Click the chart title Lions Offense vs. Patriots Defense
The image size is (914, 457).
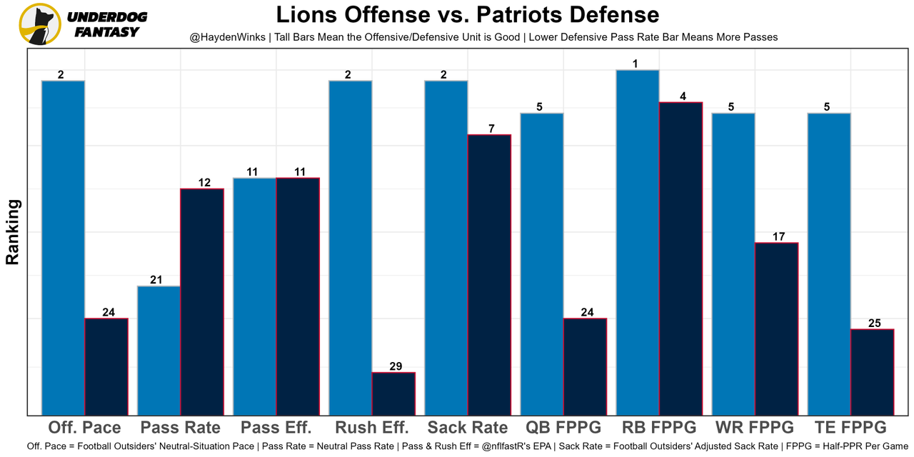[468, 15]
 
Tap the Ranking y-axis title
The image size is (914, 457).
[13, 232]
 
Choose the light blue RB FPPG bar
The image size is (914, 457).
[638, 242]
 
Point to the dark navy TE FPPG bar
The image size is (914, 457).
[873, 372]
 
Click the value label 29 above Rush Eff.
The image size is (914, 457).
[396, 366]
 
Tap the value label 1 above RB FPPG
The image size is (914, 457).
[636, 64]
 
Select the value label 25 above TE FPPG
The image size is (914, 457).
[875, 323]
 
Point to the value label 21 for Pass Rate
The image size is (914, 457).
[156, 280]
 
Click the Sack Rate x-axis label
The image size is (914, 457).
[468, 428]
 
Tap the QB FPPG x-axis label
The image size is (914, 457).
[563, 428]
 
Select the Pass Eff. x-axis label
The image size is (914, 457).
[276, 428]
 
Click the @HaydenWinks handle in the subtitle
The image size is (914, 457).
[227, 36]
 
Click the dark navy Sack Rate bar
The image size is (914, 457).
[489, 274]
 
